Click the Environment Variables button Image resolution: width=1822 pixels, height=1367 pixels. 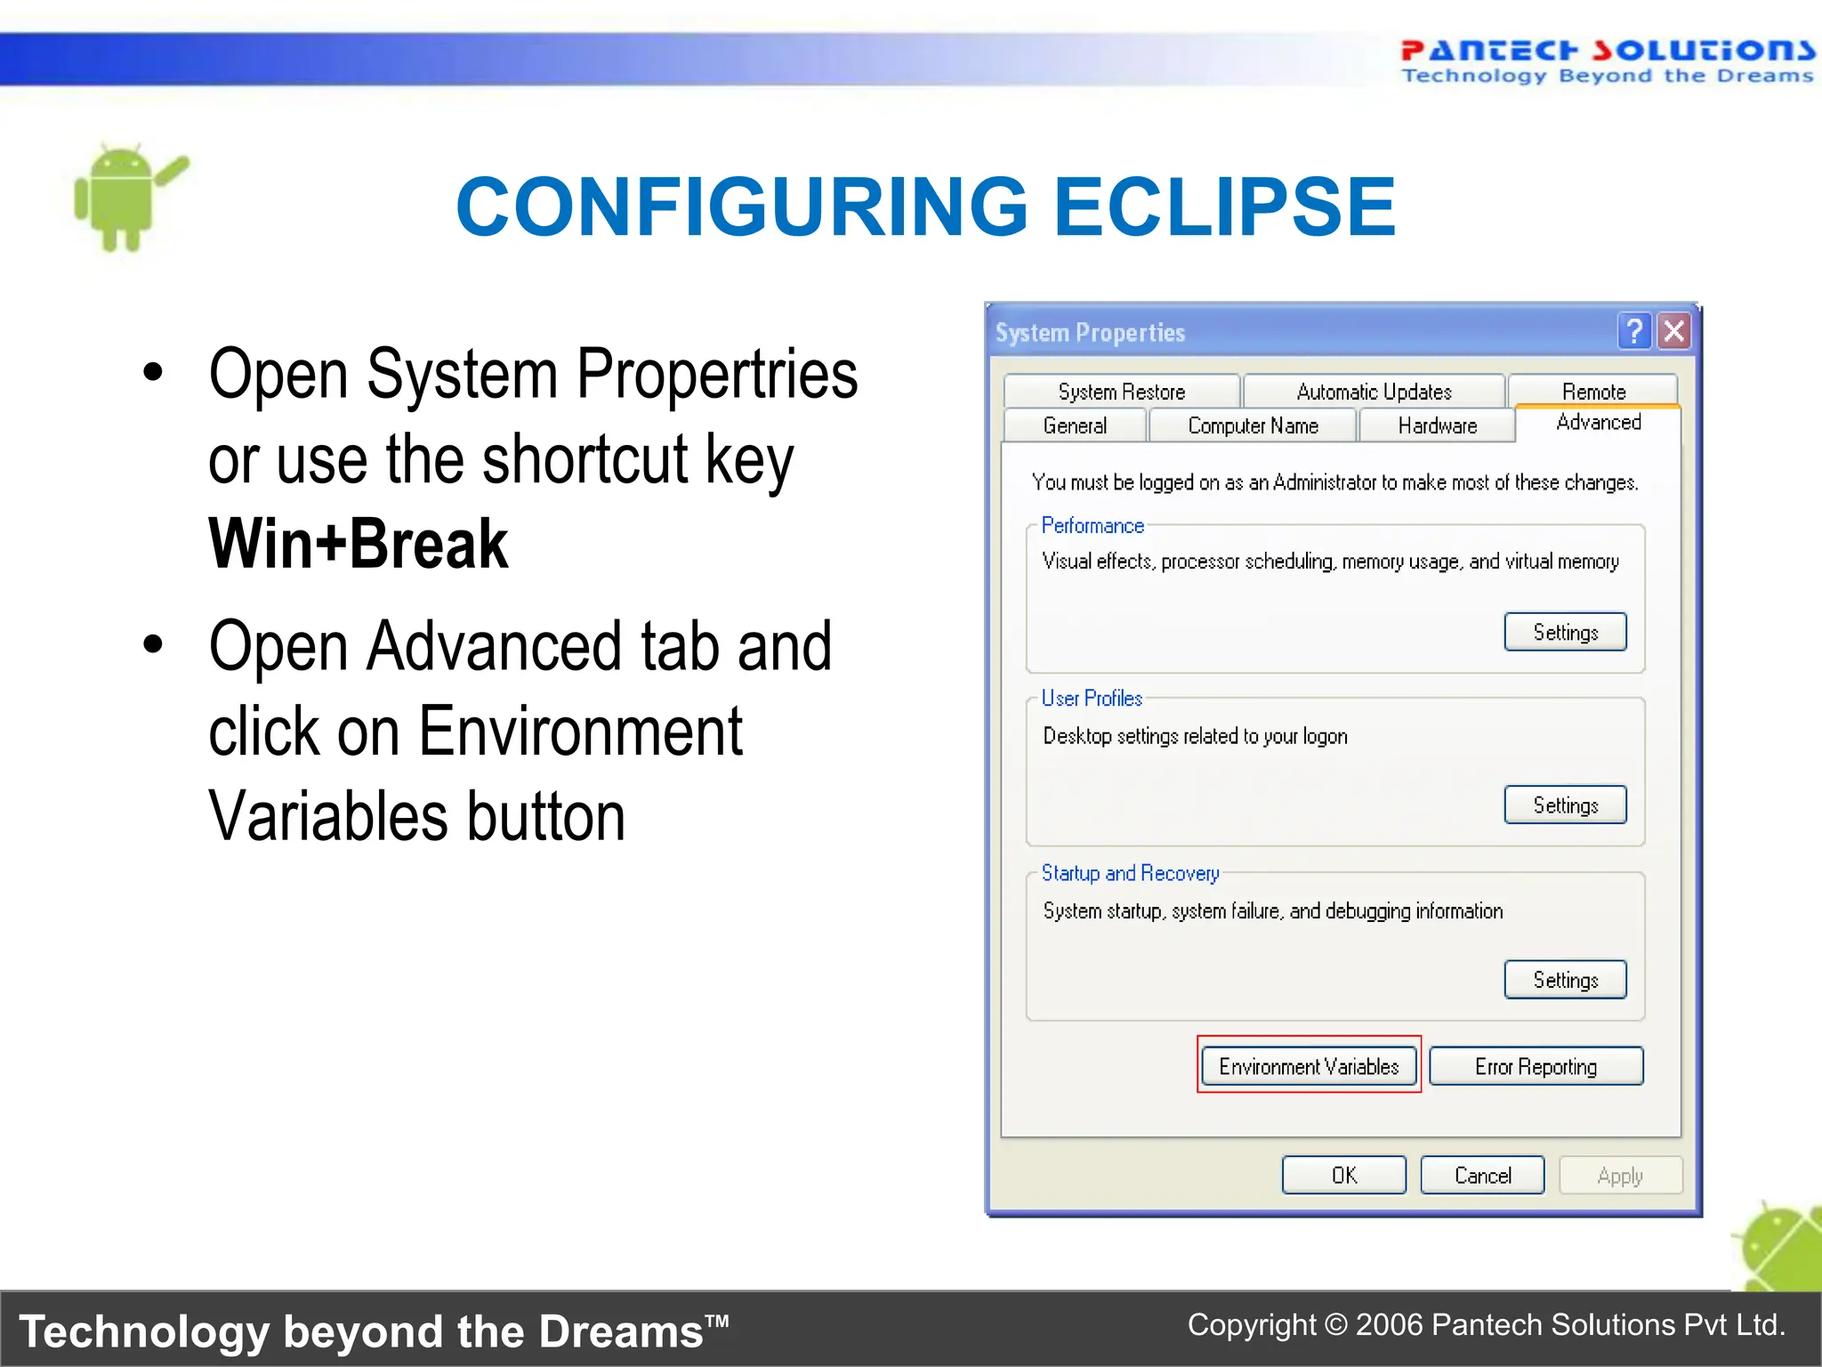1308,1066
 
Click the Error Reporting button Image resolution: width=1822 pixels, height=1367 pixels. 1536,1066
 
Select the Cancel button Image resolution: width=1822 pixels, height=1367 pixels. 1482,1176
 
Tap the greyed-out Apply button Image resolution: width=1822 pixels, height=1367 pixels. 1620,1176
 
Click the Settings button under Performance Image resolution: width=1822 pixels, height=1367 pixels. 1565,632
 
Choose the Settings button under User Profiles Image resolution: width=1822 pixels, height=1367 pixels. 1565,805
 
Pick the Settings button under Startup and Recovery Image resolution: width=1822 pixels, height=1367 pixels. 1565,979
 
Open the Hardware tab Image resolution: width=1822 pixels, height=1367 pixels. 1437,425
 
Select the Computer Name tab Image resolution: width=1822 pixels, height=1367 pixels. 1253,425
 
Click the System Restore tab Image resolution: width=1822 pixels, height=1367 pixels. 1121,392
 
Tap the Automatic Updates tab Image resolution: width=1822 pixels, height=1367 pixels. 1374,392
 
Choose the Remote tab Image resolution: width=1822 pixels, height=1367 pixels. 1593,391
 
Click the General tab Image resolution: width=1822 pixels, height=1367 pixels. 1075,425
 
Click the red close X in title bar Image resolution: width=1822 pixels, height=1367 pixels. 1674,331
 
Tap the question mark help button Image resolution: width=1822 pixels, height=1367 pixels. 1634,331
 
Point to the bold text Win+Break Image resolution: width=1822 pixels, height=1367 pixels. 358,544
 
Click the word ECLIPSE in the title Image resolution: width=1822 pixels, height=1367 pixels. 1224,206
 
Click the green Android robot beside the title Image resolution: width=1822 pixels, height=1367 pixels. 125,198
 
